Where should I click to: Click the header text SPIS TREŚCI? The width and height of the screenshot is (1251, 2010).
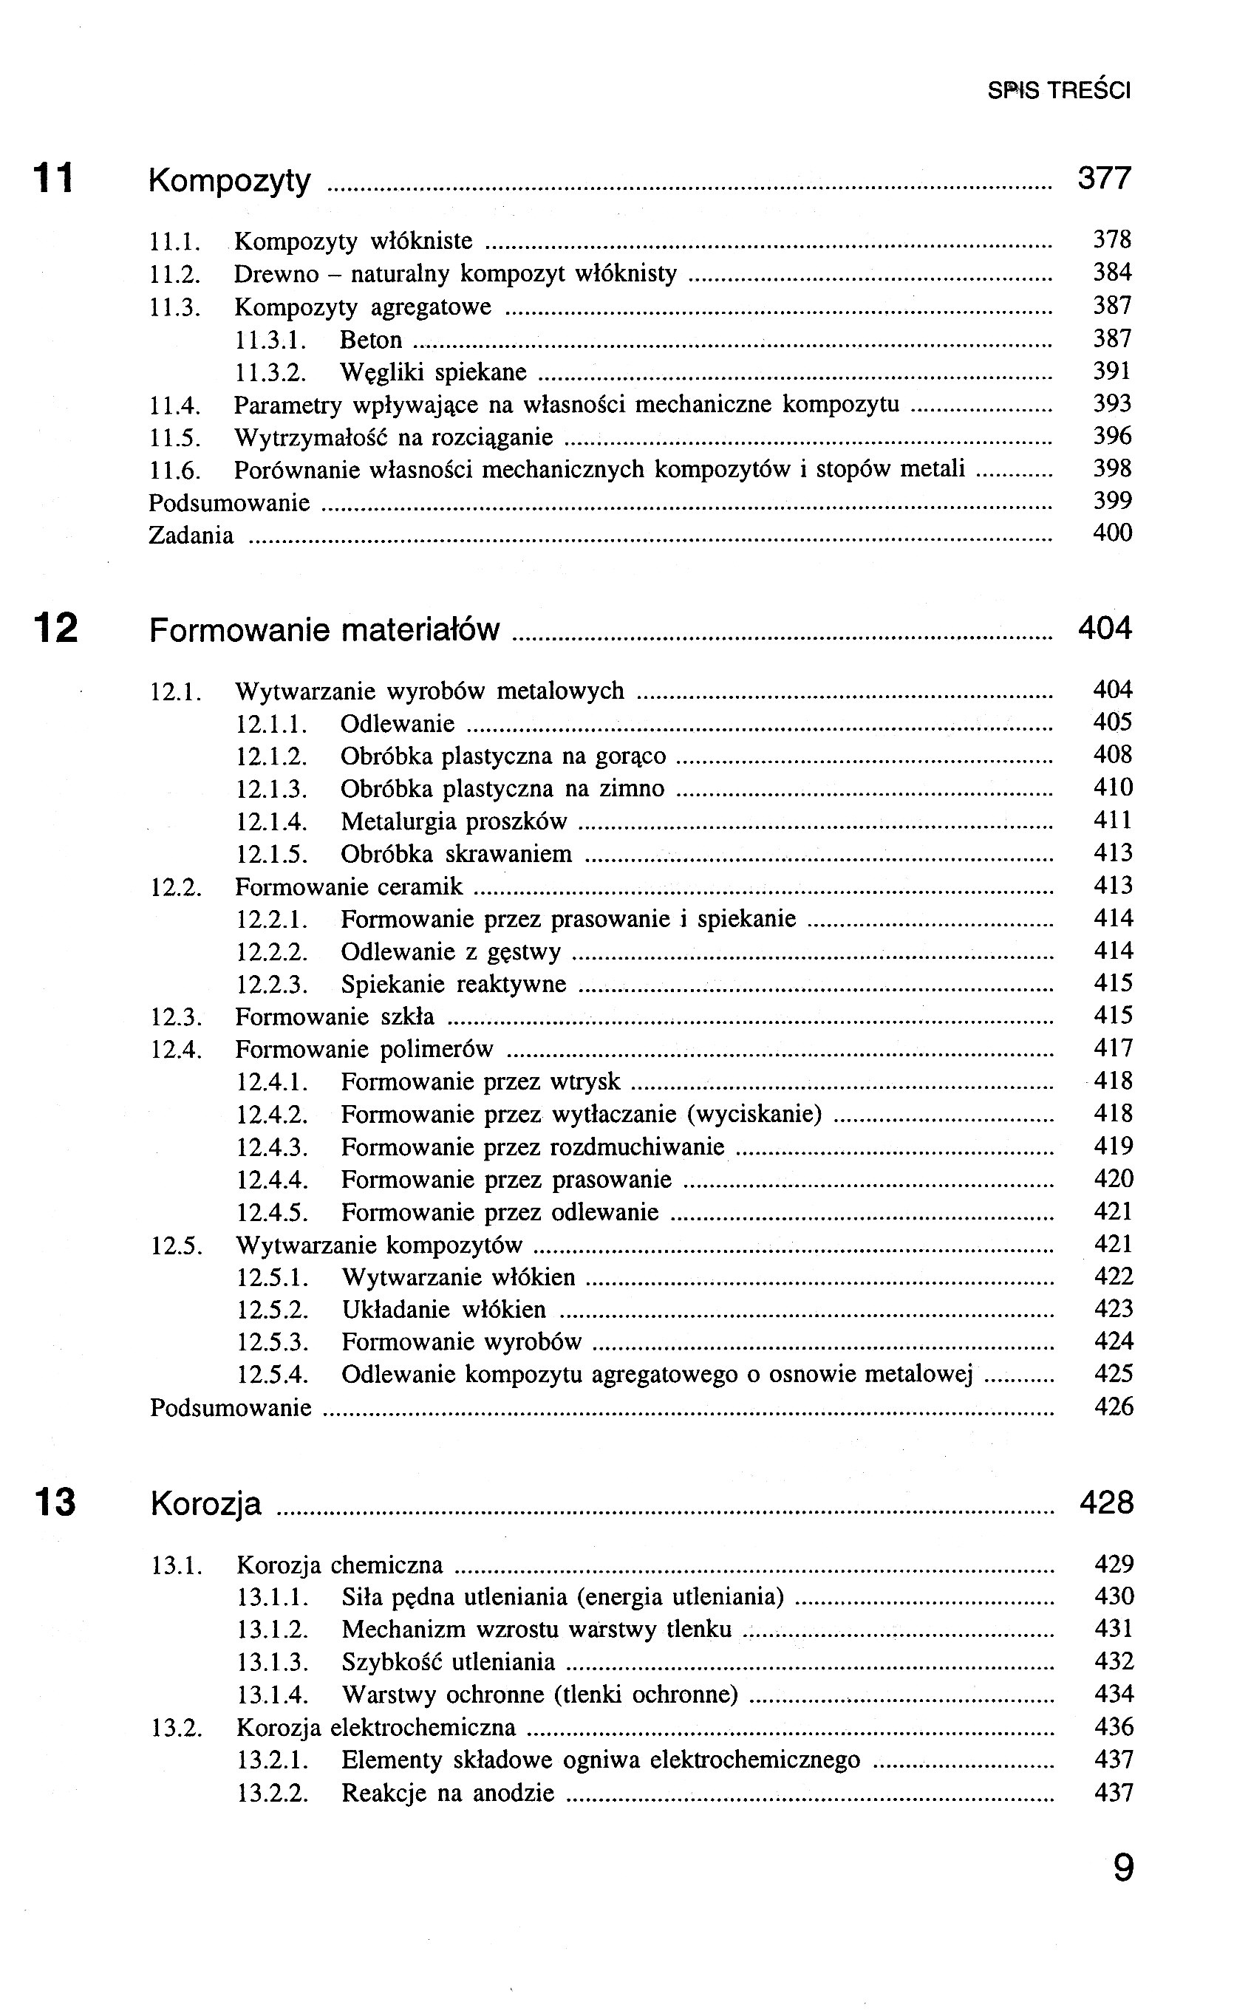[x=1058, y=90]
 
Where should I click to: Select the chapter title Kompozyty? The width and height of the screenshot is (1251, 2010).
[x=229, y=180]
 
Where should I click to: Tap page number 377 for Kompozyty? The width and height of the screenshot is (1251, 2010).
[x=1104, y=178]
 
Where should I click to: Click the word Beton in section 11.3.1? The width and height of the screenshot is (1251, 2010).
[x=371, y=340]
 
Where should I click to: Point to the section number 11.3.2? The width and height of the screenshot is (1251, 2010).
[x=271, y=373]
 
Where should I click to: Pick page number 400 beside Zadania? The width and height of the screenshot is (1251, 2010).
[x=1112, y=533]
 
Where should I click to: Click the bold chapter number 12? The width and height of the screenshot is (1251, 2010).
[x=55, y=628]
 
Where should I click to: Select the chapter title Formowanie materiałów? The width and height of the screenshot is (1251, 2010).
[x=324, y=630]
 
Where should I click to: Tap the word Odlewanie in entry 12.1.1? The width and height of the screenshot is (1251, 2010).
[x=397, y=724]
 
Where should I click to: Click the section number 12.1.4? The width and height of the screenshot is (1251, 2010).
[x=272, y=822]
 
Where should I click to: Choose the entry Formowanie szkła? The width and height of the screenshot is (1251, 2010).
[x=334, y=1016]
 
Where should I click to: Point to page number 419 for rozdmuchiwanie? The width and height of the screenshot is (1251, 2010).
[x=1113, y=1146]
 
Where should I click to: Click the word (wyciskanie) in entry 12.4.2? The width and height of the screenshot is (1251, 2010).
[x=754, y=1115]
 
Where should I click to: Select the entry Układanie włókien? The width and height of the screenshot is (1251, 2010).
[x=444, y=1310]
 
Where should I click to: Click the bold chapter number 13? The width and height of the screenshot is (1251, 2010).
[x=55, y=1502]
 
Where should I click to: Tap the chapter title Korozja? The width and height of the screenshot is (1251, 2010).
[x=206, y=1504]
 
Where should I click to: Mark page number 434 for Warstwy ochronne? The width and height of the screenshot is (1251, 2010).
[x=1114, y=1694]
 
